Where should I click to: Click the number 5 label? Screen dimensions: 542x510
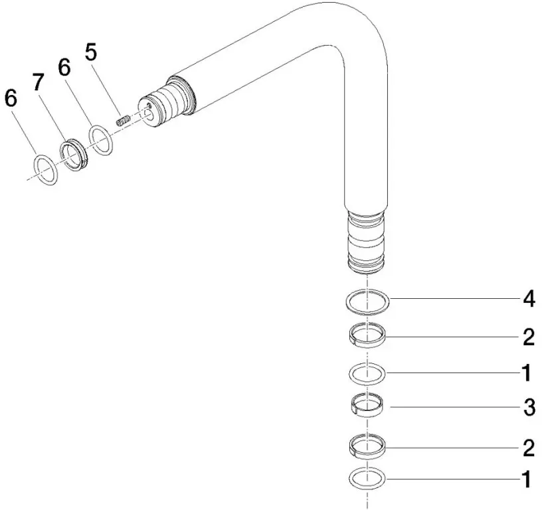pos(91,53)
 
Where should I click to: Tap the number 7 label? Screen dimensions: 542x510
pos(39,83)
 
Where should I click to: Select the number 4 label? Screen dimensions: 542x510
pos(529,298)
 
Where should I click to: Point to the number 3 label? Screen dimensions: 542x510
pos(529,407)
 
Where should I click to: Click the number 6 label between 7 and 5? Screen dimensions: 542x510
pos(64,67)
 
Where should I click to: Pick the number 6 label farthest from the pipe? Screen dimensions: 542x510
pos(11,98)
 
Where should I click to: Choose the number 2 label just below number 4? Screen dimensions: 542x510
pos(529,337)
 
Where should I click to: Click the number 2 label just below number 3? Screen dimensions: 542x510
pos(529,448)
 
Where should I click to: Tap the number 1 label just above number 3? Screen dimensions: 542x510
pos(527,373)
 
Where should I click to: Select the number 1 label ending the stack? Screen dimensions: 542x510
pos(527,479)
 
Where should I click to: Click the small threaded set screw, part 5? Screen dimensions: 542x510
pos(123,121)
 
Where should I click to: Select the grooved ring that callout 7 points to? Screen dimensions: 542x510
pos(74,155)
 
